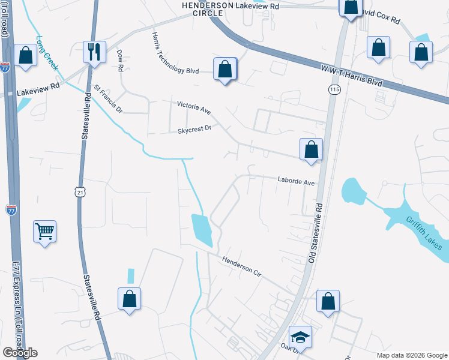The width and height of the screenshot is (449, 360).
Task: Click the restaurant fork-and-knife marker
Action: [x=94, y=52]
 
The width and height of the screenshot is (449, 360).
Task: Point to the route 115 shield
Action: [x=334, y=89]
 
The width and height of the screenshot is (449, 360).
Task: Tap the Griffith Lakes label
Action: [x=424, y=233]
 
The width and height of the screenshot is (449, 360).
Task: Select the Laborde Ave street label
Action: [x=296, y=181]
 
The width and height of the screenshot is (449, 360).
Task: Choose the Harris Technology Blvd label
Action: [x=175, y=54]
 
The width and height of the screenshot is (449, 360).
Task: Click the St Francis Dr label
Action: [x=107, y=100]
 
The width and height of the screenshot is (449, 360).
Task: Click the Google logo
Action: [x=20, y=353]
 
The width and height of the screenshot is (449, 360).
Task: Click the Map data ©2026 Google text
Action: [x=412, y=355]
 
